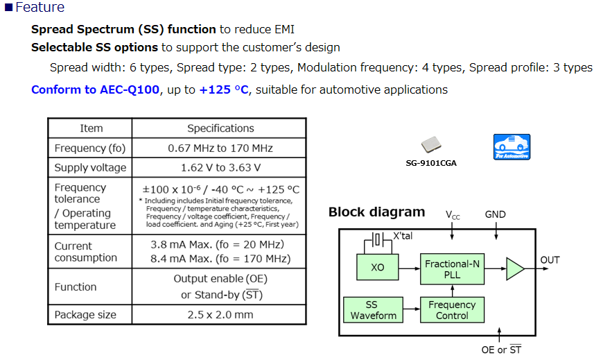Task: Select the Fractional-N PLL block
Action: click(x=452, y=268)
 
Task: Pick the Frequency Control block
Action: click(x=452, y=310)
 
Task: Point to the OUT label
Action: click(x=550, y=260)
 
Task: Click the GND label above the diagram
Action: click(x=496, y=214)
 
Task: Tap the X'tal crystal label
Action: click(x=402, y=236)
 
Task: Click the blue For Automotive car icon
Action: click(x=512, y=147)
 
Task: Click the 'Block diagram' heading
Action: click(x=376, y=212)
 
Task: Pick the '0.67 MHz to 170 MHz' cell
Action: click(x=220, y=148)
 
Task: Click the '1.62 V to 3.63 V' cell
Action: click(x=220, y=167)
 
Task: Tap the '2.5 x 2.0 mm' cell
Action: click(x=220, y=314)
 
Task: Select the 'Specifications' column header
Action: click(x=220, y=128)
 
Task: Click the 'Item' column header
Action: click(x=91, y=128)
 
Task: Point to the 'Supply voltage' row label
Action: click(x=90, y=167)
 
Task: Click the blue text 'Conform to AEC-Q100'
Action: click(x=95, y=89)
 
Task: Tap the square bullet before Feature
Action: click(x=8, y=8)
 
